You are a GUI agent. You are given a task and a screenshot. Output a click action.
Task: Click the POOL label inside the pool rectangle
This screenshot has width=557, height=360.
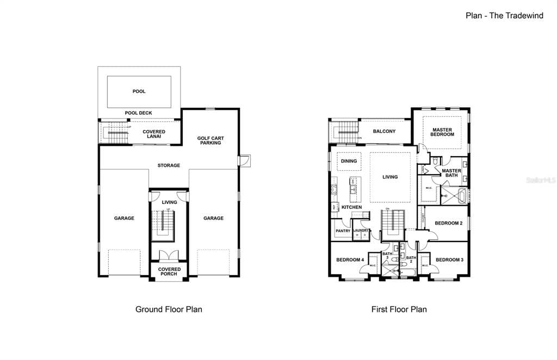(139, 91)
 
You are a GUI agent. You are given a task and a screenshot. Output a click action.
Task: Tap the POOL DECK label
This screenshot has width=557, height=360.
(139, 113)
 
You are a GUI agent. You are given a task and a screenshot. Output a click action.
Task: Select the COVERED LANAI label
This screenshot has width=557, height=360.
(154, 134)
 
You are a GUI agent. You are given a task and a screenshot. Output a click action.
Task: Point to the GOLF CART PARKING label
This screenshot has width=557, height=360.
(210, 140)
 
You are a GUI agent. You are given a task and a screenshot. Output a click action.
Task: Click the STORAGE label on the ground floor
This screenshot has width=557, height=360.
(169, 165)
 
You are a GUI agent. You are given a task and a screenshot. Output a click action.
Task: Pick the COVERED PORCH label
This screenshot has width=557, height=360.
(169, 271)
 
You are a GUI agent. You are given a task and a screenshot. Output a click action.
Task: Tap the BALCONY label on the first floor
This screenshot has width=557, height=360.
(384, 132)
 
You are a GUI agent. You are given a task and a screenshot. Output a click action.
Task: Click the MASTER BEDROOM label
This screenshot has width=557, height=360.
(442, 132)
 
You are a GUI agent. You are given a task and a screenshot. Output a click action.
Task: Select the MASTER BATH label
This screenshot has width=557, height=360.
(451, 173)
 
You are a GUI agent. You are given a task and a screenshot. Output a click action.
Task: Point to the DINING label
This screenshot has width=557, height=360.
(349, 161)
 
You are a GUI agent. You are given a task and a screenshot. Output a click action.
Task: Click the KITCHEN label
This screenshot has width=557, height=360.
(351, 207)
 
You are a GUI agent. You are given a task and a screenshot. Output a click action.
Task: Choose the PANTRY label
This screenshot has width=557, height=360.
(343, 231)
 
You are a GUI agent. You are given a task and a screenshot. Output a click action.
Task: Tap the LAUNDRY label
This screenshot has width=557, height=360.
(361, 231)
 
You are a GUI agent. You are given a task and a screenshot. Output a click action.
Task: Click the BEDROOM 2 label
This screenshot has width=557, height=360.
(449, 224)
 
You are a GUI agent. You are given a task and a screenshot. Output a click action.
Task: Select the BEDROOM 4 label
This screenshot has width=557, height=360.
(350, 260)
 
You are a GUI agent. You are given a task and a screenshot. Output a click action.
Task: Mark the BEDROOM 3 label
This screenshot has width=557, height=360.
(449, 260)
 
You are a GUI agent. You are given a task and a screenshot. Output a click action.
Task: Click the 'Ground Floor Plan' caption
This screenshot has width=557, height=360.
(169, 309)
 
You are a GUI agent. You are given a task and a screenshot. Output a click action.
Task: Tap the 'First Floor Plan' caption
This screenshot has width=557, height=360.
(399, 309)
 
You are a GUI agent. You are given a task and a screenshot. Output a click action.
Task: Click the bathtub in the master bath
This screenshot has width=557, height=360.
(461, 196)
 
